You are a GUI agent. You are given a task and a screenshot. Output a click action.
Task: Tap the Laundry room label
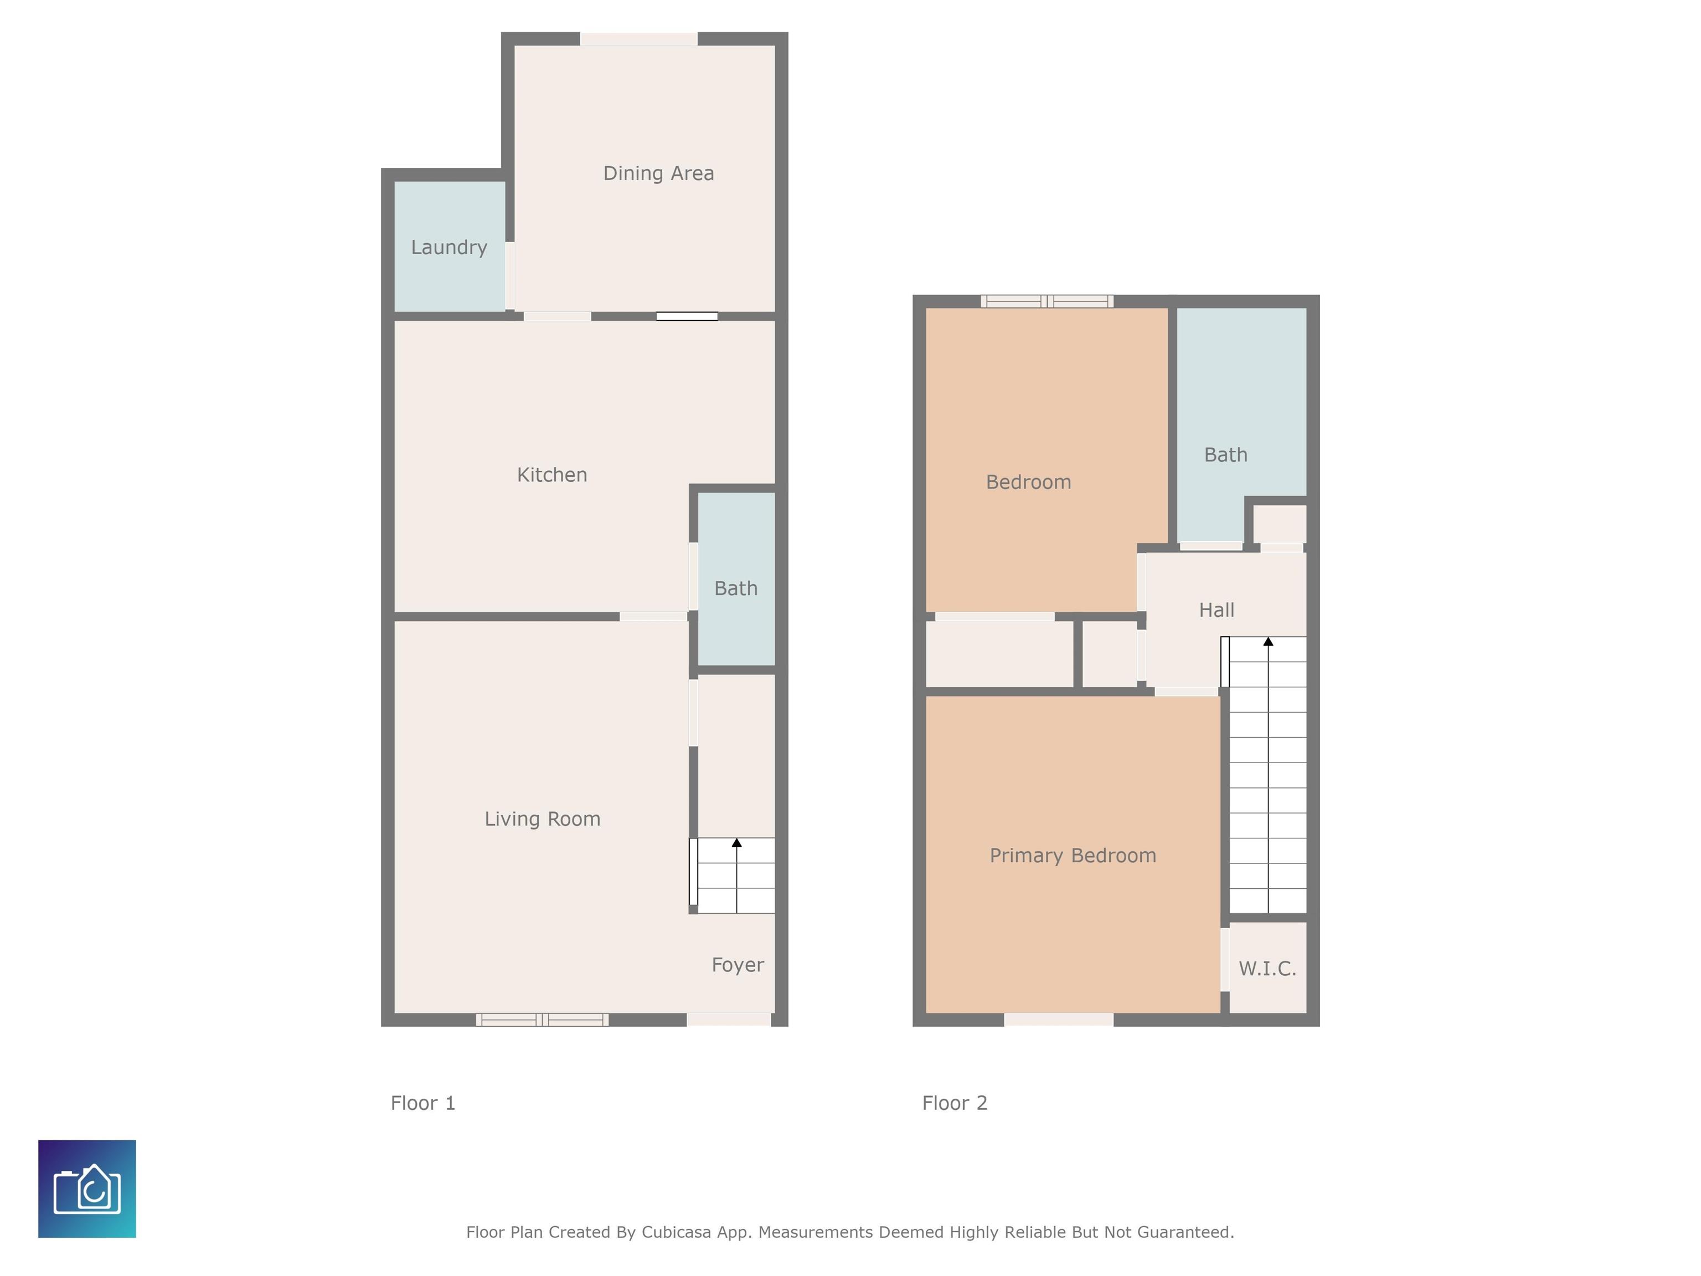449,248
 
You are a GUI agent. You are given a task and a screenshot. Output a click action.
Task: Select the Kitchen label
552,475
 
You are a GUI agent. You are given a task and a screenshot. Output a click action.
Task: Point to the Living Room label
542,819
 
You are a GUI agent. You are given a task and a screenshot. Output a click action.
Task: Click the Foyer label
738,965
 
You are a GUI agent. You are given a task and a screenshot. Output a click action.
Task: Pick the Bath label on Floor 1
736,588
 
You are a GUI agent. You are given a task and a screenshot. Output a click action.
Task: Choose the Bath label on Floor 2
1226,455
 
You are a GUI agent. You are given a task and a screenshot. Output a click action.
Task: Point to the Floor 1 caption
423,1103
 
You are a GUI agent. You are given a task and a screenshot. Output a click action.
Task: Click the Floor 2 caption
954,1103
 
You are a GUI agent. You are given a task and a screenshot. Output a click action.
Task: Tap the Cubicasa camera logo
87,1188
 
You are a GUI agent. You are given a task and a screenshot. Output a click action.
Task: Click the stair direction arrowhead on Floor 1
736,843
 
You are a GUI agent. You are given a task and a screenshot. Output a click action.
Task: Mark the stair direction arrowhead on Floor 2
1268,641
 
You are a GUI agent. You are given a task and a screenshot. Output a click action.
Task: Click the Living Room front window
542,1020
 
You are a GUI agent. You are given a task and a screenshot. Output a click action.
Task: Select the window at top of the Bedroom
1047,301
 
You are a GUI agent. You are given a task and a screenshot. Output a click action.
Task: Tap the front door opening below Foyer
729,1020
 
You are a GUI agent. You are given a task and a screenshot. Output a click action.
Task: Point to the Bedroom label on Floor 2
1028,482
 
